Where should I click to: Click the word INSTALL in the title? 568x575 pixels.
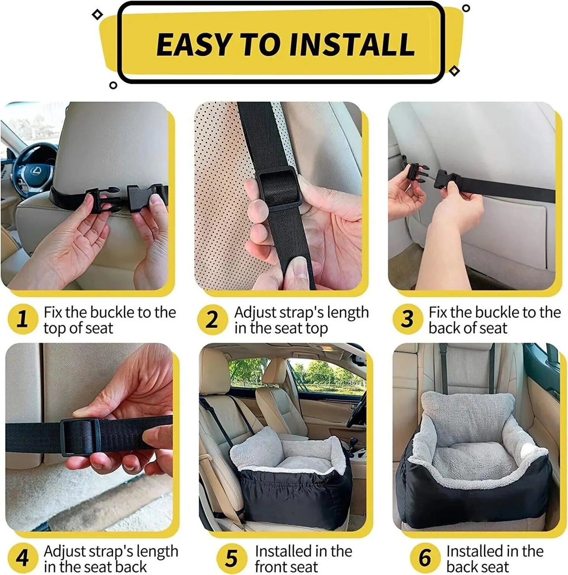tap(352, 44)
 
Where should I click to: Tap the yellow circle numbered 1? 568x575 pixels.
tap(23, 319)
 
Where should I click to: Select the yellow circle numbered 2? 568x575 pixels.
tap(212, 319)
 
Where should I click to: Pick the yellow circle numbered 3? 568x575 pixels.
tap(407, 319)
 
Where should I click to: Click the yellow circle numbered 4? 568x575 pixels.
tap(23, 558)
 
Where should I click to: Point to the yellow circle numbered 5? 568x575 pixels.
tap(232, 558)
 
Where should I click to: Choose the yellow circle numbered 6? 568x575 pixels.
tap(425, 558)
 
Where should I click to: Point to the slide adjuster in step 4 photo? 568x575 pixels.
tap(81, 437)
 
